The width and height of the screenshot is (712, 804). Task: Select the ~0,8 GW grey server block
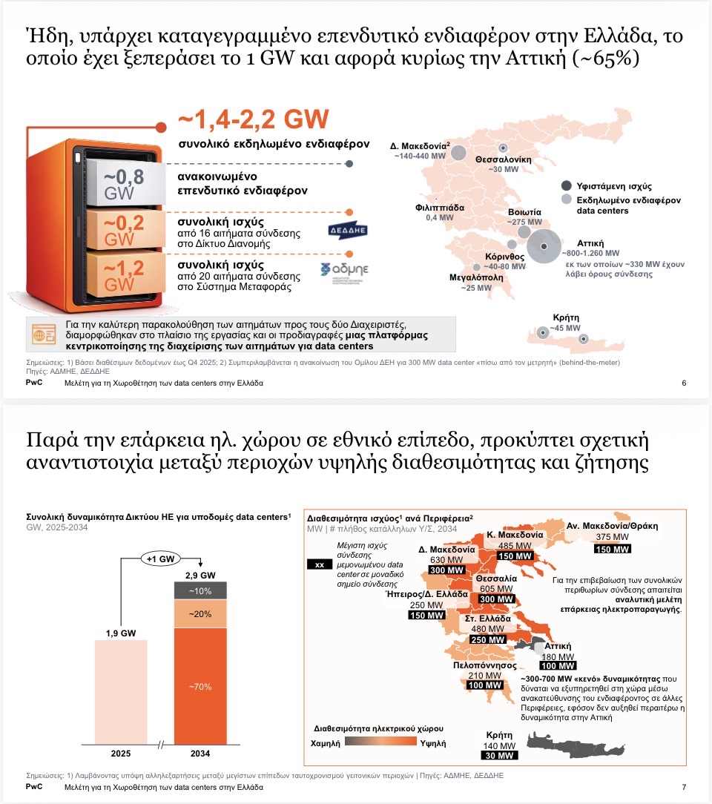(122, 184)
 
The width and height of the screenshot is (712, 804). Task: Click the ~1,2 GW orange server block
(122, 273)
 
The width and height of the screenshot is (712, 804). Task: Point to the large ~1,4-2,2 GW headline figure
(253, 120)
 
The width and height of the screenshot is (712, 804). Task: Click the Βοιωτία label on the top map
(524, 211)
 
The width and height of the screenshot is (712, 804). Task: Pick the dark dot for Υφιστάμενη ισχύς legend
(567, 186)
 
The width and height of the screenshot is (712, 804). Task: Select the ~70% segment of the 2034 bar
(200, 686)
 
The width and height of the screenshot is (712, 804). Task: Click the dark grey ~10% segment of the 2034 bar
(200, 590)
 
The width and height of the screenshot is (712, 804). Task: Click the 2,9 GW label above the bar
(200, 575)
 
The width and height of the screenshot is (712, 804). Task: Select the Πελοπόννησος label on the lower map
(484, 665)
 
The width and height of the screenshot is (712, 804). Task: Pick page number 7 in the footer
(683, 787)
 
